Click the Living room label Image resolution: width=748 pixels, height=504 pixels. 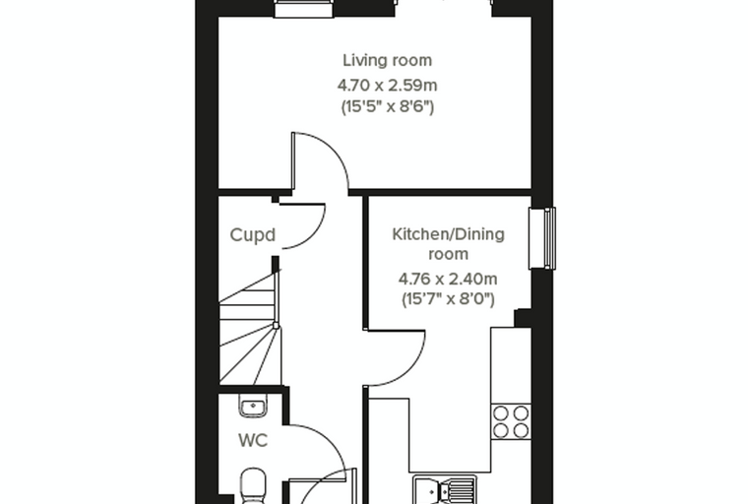point(388,61)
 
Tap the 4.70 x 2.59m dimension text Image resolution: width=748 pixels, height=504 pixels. point(388,86)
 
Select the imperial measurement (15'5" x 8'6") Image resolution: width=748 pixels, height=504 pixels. point(388,106)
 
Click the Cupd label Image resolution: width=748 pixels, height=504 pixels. point(252,235)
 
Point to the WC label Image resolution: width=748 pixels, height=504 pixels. point(253,441)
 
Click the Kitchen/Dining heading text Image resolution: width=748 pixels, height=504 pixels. point(448,234)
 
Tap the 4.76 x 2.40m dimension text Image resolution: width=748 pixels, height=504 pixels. point(448,279)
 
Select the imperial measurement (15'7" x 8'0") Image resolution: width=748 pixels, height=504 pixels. point(448,299)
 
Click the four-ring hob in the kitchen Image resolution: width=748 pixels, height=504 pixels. point(511,421)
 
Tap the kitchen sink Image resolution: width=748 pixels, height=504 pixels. point(445,488)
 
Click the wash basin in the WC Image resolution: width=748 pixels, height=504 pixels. point(253,407)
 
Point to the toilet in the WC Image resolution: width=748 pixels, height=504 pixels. point(253,486)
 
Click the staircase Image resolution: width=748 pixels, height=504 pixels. point(250,327)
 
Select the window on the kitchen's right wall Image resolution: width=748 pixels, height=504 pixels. point(542,238)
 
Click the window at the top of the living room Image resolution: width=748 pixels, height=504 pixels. point(303,8)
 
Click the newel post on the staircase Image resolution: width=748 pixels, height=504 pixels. point(276,326)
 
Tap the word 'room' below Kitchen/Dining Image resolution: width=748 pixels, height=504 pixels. point(448,254)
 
